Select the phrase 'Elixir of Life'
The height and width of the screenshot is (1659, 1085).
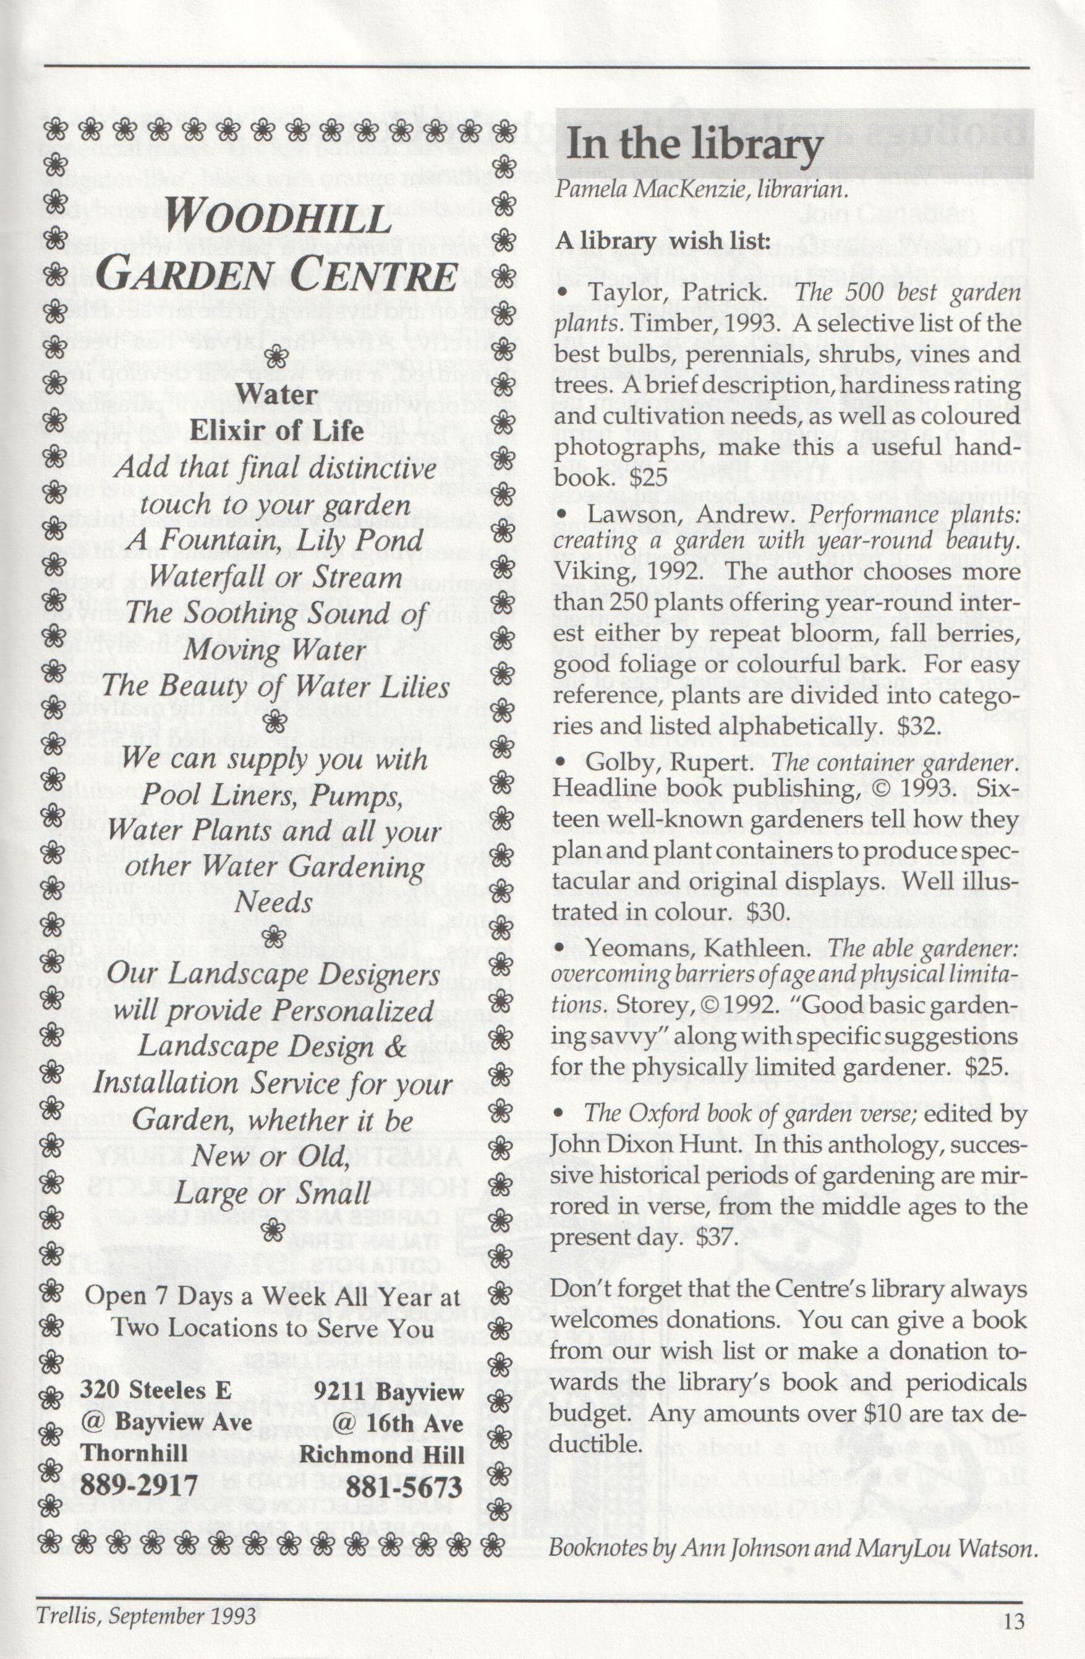pos(278,431)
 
